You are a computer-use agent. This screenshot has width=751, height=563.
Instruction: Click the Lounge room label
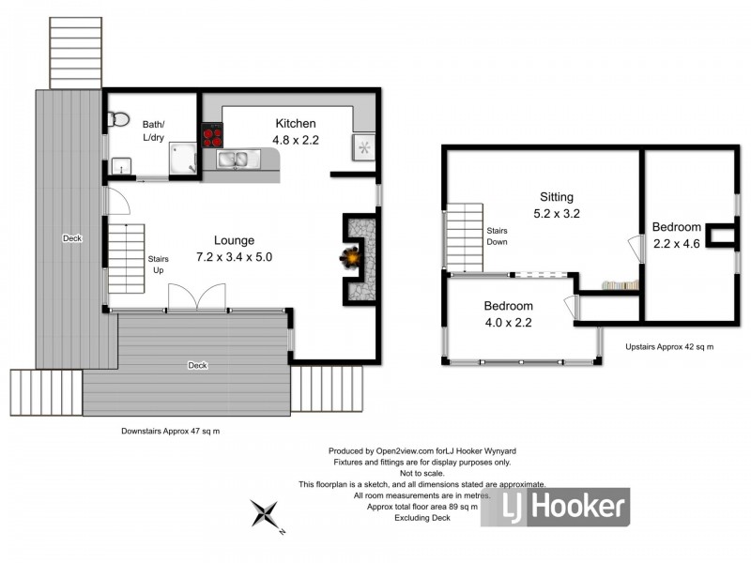pos(233,240)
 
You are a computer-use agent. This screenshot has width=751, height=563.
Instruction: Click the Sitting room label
pos(556,197)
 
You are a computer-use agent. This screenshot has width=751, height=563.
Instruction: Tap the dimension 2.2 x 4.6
pos(677,244)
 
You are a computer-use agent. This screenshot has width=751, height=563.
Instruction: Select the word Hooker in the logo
pos(581,508)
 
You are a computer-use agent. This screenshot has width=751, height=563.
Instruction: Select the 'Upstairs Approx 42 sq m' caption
pos(668,346)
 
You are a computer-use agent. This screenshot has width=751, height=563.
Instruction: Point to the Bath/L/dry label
pos(153,130)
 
